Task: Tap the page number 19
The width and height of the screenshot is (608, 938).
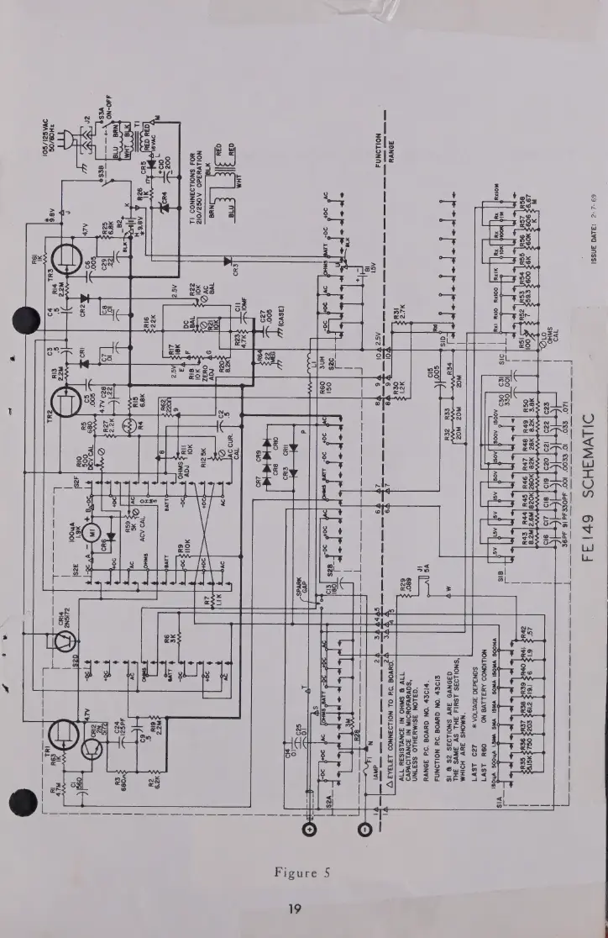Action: point(305,910)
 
